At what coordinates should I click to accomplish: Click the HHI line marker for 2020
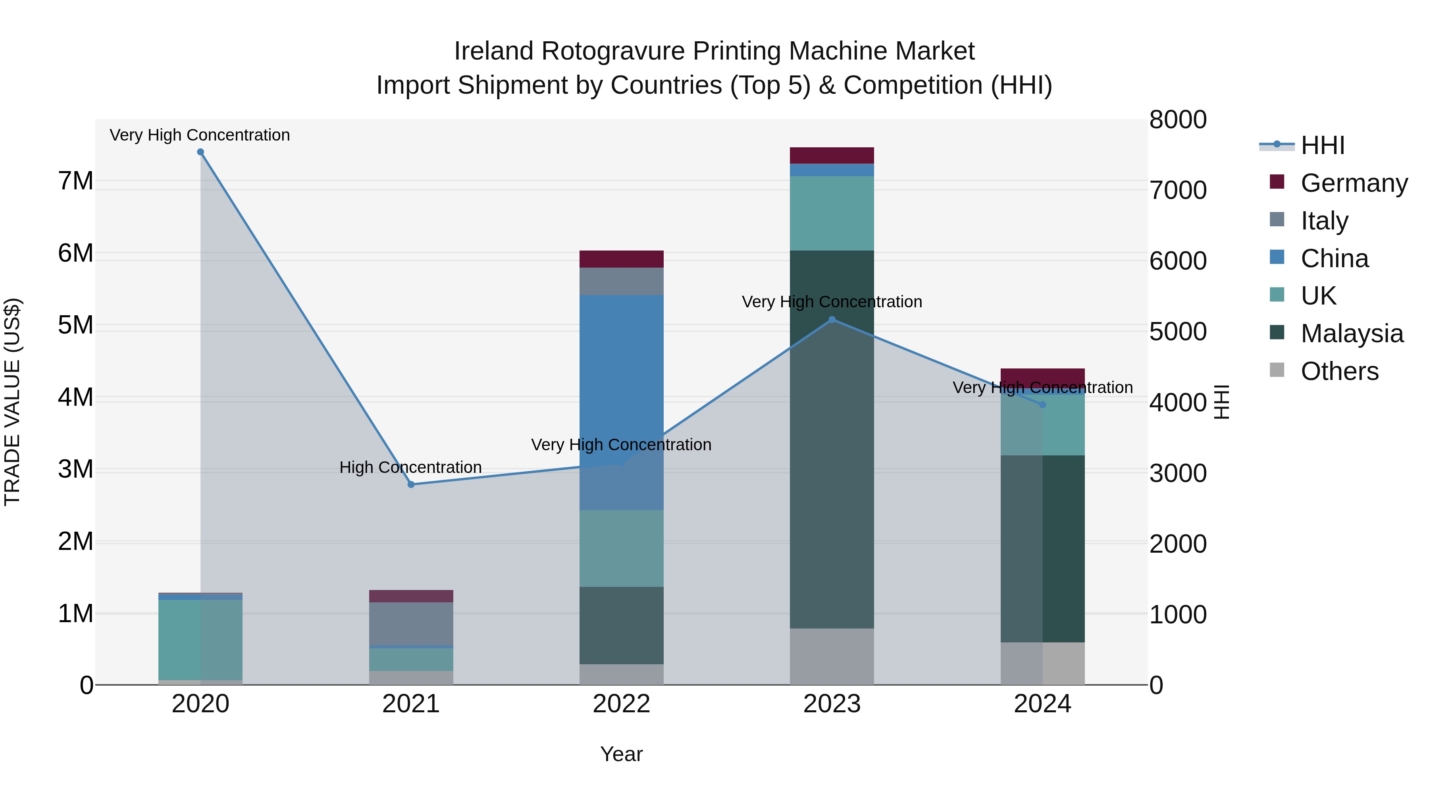(200, 152)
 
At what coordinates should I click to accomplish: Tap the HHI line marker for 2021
(411, 484)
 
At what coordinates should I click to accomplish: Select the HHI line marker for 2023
(832, 320)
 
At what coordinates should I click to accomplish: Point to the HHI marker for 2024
(1042, 405)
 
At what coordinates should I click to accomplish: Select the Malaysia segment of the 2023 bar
(832, 438)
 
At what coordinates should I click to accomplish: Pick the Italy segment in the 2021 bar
(411, 624)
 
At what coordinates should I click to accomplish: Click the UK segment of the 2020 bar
(200, 640)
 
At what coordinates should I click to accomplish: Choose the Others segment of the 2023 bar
(832, 656)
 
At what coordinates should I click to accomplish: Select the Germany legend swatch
(1277, 182)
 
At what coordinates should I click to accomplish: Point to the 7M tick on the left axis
(76, 181)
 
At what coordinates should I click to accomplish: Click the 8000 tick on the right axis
(1178, 120)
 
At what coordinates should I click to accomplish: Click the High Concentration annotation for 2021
(410, 467)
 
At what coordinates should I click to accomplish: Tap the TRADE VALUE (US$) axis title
(12, 402)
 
